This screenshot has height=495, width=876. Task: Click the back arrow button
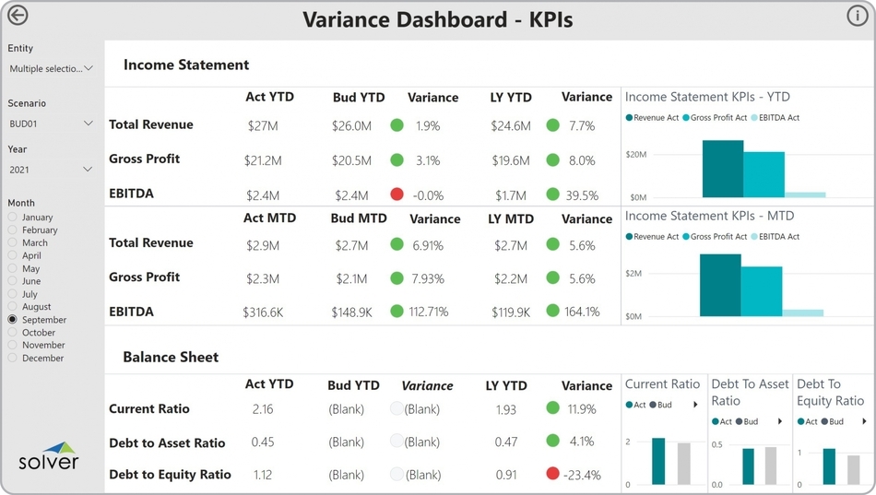pos(18,16)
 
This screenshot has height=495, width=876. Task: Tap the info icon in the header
pos(857,16)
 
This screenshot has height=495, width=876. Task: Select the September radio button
pos(13,320)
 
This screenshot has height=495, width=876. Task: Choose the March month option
pos(13,243)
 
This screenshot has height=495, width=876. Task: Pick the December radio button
pos(13,359)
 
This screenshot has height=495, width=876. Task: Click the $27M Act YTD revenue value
pos(261,125)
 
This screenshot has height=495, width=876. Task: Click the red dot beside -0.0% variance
pos(397,194)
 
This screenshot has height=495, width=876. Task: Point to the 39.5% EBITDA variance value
pos(582,195)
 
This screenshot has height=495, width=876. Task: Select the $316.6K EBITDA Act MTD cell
pos(263,312)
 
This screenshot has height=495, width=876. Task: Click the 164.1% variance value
pos(582,312)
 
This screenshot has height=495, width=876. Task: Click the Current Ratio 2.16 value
pos(263,409)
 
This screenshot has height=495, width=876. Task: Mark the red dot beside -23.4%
pos(552,474)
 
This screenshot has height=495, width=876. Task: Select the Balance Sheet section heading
pos(171,357)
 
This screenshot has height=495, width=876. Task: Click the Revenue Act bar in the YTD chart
pos(723,169)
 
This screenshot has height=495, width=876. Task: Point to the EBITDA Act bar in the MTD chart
pos(803,312)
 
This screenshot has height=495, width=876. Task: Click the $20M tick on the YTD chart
pos(637,154)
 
